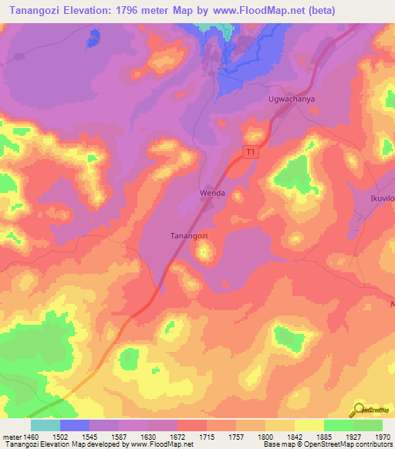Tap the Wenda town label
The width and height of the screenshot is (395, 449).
click(212, 193)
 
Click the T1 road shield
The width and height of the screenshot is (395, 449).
click(251, 152)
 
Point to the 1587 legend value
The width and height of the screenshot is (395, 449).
click(119, 436)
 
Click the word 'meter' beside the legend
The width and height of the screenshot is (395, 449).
click(10, 436)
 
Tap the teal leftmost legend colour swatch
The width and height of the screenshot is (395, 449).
click(45, 425)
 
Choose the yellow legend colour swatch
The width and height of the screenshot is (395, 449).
click(309, 425)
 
